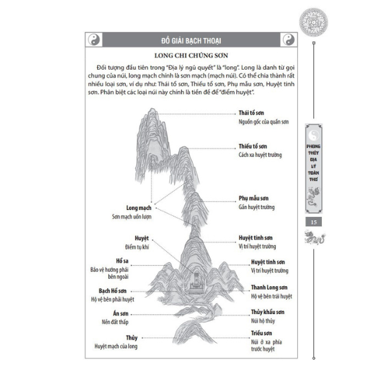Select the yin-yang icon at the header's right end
[289, 40]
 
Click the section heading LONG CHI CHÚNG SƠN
[190, 57]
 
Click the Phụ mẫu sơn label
[255, 197]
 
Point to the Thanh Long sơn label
[269, 287]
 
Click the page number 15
[314, 224]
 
